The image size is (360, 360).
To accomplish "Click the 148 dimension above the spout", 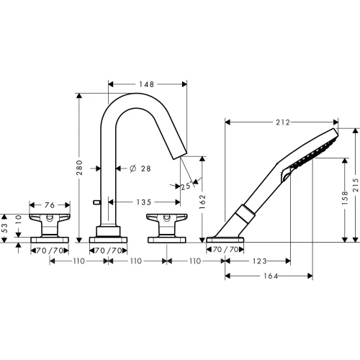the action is point(146,84).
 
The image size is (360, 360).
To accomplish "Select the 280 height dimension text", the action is point(80,167).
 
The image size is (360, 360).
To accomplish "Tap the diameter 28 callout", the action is point(140,168).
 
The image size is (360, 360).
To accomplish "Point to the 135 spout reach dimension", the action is point(144,202).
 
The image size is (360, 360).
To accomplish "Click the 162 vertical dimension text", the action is point(203,202).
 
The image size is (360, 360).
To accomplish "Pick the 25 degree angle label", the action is point(186,186).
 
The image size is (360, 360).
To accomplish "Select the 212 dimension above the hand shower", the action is point(283,122).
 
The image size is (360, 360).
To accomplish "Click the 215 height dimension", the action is point(356,185).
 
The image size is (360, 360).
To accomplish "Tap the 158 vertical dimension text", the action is point(345,197).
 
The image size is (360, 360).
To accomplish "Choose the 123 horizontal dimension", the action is point(260,261).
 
